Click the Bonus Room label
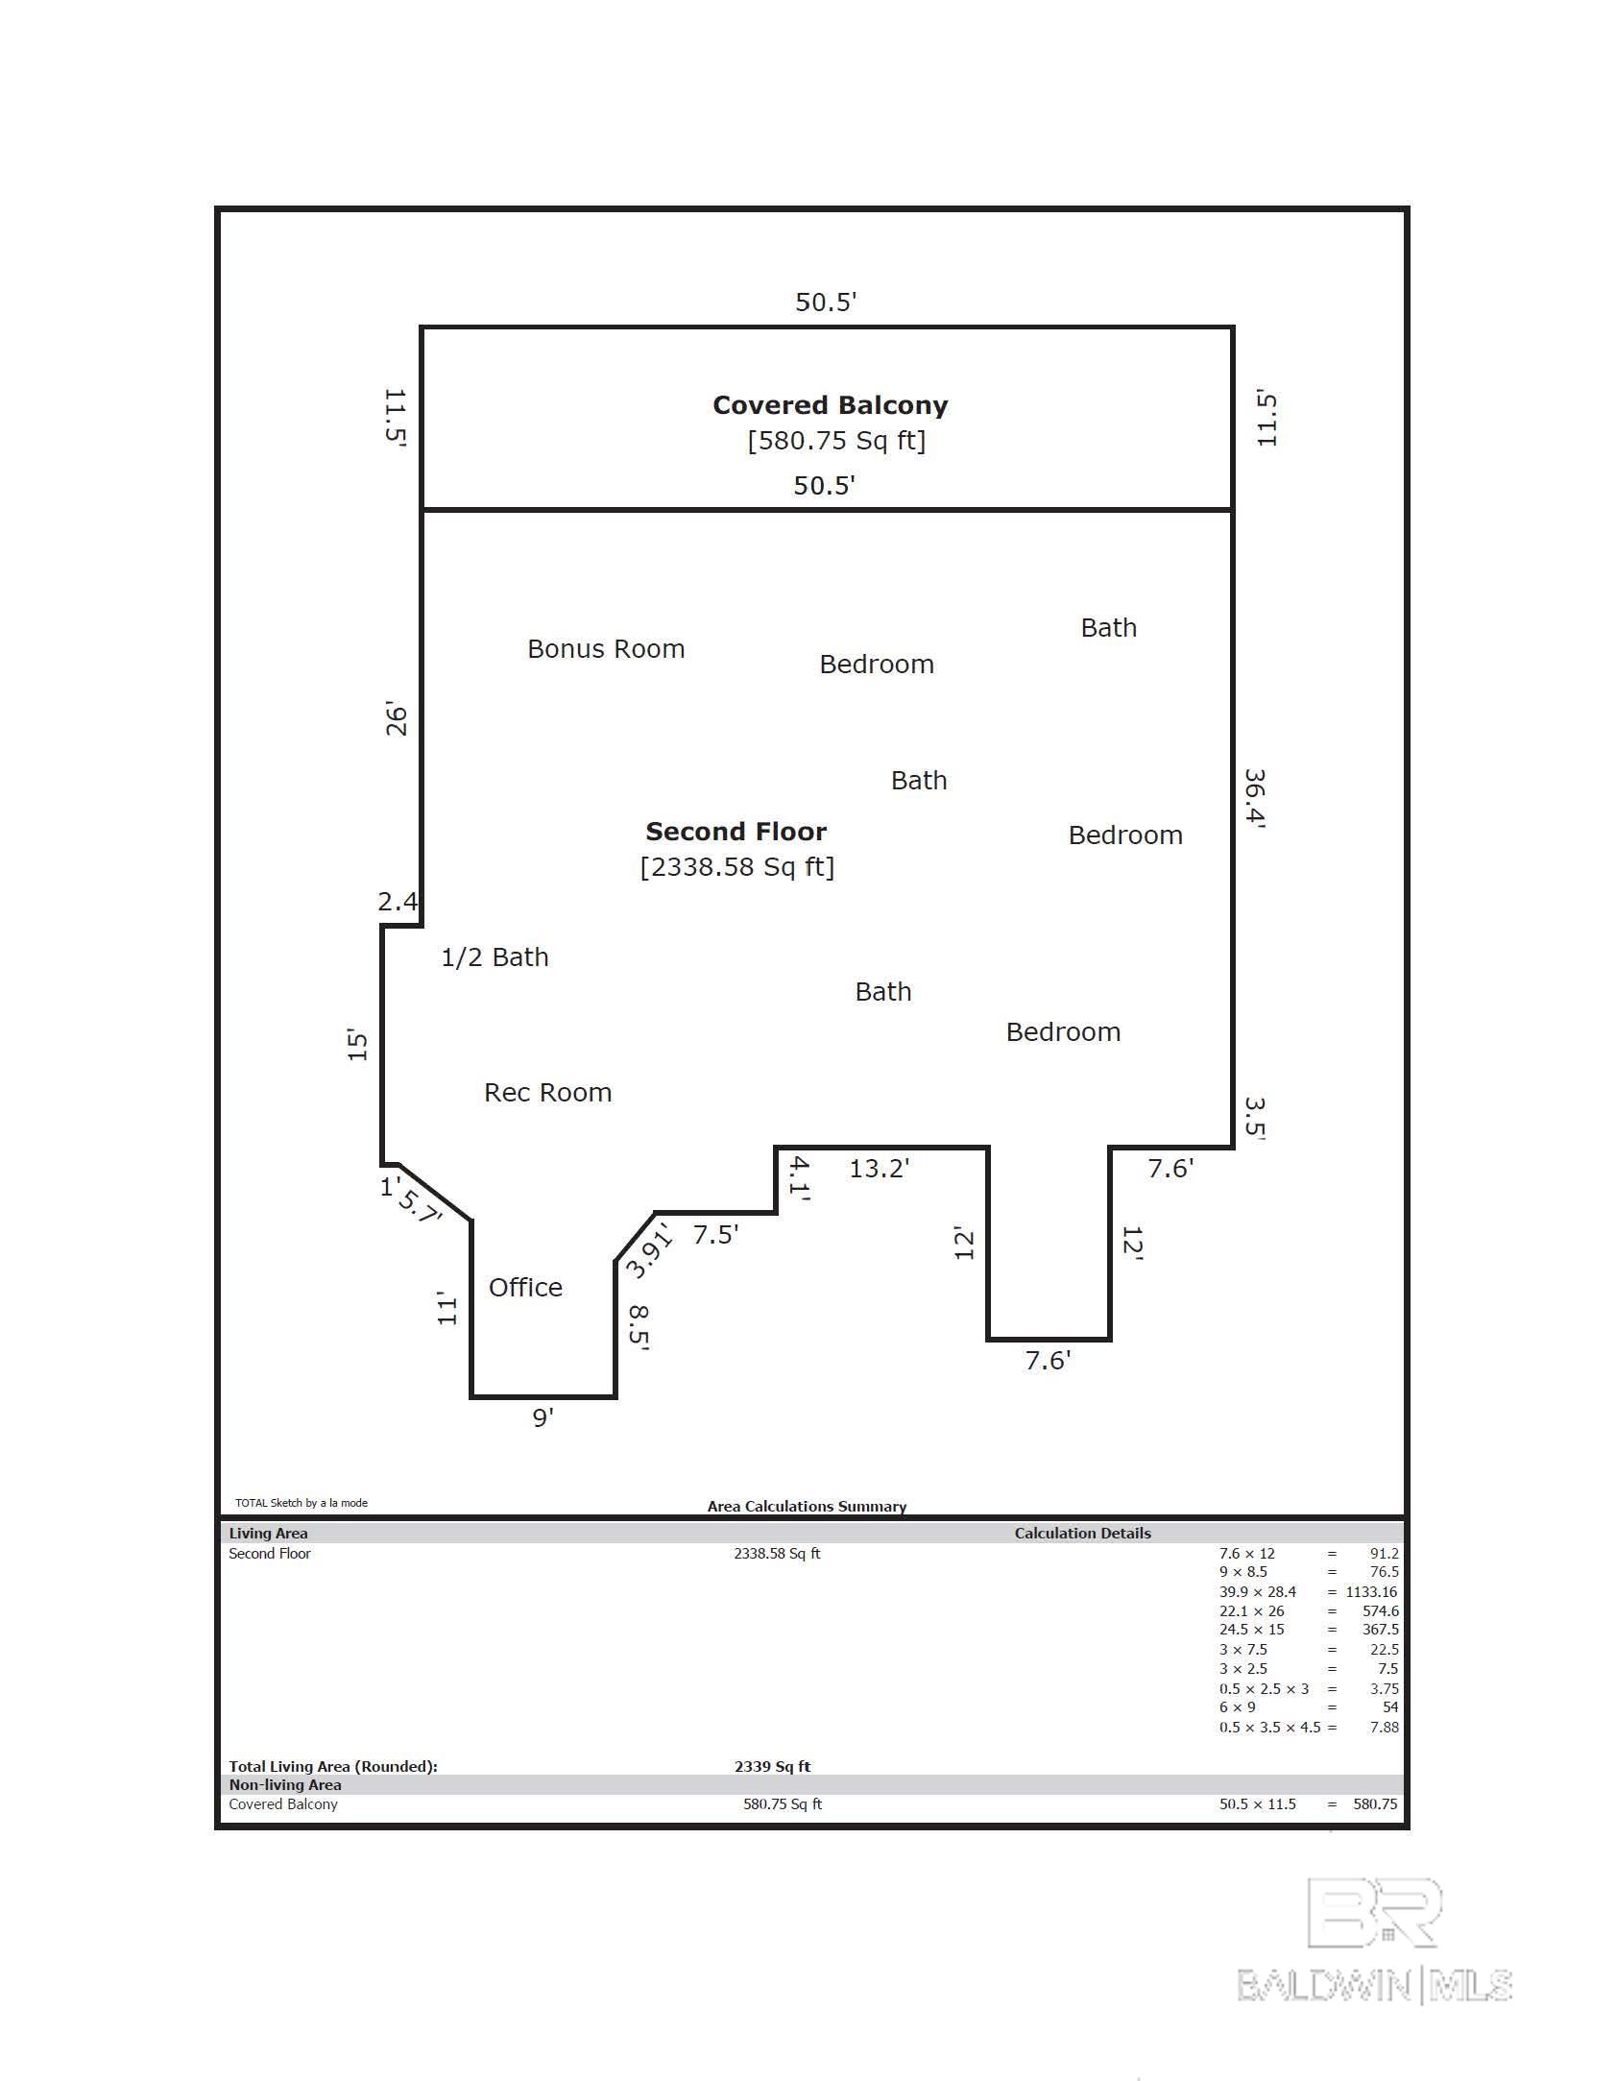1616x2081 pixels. click(606, 649)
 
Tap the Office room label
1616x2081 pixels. click(525, 1287)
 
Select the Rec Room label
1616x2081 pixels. click(547, 1093)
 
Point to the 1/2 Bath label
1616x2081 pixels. click(494, 957)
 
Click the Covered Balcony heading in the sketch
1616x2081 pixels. click(831, 405)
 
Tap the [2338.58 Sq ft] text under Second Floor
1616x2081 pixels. click(737, 867)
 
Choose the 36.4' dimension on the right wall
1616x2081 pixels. click(1255, 797)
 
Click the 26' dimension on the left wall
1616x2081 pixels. click(397, 721)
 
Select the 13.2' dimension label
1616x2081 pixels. click(879, 1168)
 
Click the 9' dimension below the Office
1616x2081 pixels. click(543, 1417)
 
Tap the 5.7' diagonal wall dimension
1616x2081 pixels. click(419, 1206)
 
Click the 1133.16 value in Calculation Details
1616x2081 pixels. click(1371, 1591)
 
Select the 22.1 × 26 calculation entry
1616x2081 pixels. click(1251, 1610)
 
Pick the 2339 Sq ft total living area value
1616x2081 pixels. click(772, 1766)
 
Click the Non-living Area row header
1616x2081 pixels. click(285, 1784)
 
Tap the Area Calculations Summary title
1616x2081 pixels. click(807, 1506)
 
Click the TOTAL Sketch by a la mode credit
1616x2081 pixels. click(301, 1503)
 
